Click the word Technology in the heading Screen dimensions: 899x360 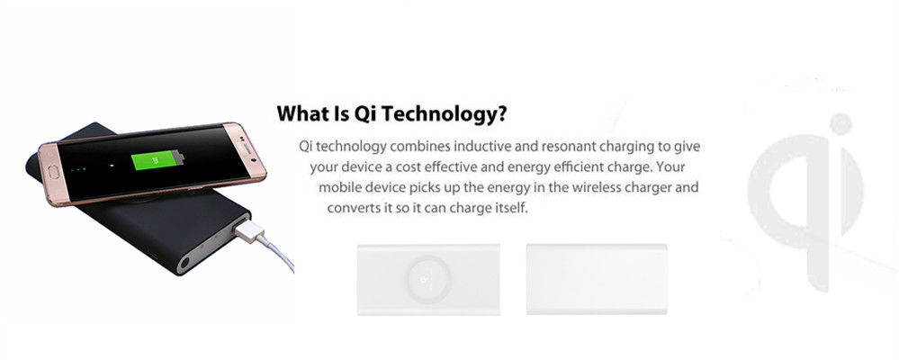tap(445, 114)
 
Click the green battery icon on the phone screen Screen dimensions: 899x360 tap(157, 160)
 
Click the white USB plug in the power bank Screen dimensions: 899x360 tap(249, 230)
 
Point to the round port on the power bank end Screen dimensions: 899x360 tap(184, 264)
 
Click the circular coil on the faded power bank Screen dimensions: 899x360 tap(427, 279)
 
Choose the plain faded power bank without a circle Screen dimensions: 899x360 tap(597, 279)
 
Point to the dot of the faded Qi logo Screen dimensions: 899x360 tap(841, 124)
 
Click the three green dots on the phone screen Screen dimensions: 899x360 tap(77, 169)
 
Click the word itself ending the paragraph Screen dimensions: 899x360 tap(510, 208)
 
